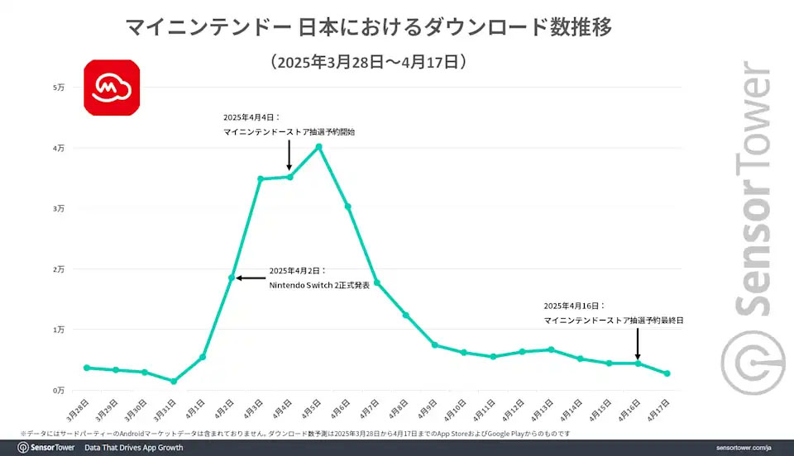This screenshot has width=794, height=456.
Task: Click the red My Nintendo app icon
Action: coord(112,87)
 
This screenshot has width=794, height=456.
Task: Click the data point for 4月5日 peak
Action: coord(318,147)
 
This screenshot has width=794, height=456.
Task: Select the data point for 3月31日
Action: coord(174,382)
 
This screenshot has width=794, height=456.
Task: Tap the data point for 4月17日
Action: coord(667,373)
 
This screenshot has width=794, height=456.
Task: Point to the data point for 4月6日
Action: coord(348,207)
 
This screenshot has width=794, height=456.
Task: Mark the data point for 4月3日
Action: coord(261,178)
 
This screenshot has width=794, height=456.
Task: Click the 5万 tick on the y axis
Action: coord(59,88)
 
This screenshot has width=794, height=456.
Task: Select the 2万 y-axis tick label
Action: coord(59,269)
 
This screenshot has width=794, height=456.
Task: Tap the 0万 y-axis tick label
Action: coord(59,390)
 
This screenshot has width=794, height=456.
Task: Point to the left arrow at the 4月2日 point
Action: coord(248,278)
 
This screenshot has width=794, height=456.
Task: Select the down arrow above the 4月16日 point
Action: coord(638,342)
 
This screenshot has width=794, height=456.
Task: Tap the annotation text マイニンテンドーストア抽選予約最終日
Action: coord(614,320)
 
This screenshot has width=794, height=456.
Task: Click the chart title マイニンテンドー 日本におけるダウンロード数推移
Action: coord(369,28)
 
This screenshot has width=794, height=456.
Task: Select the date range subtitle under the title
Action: coord(369,61)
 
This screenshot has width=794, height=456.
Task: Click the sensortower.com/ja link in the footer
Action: coord(743,448)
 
